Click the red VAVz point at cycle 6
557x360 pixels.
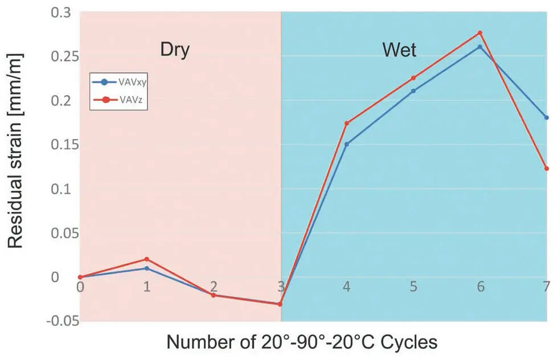tap(480, 33)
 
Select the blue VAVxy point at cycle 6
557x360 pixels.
tap(480, 47)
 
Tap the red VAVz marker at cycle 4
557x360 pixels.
tap(347, 123)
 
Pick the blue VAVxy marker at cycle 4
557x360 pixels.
tap(347, 144)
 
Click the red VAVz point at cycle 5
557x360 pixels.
tap(413, 78)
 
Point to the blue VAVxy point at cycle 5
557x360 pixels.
tap(413, 91)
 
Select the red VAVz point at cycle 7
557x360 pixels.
tap(547, 169)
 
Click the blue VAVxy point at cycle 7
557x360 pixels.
tap(547, 117)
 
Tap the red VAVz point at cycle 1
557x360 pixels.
tap(147, 259)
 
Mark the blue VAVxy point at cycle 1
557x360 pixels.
tap(147, 268)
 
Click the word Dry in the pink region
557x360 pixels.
tap(174, 50)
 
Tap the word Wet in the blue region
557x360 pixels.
tap(399, 51)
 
